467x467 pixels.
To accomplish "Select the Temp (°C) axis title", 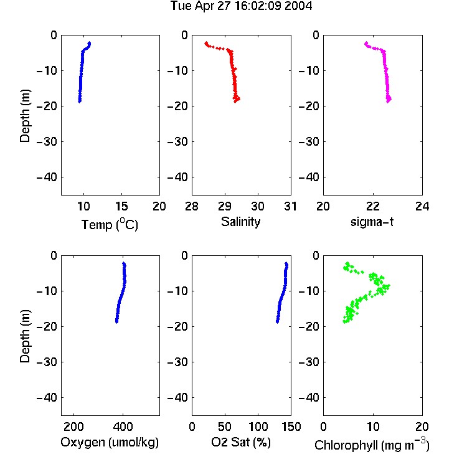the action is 110,224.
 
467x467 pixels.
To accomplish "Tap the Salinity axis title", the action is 240,222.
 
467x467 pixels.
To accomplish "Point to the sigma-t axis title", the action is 372,222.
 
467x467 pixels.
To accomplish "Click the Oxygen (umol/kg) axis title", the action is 110,443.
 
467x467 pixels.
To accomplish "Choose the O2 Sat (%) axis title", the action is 241,442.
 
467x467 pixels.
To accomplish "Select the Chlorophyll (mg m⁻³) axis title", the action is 372,445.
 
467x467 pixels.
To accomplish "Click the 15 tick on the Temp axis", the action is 121,206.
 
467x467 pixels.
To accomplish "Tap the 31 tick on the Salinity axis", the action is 290,206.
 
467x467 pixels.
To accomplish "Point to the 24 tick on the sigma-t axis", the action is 422,206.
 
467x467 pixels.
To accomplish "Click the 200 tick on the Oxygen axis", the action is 73,427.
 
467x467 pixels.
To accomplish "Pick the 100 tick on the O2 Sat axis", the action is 258,427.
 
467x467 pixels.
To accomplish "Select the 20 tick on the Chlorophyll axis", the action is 422,427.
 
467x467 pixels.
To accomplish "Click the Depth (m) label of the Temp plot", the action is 26,116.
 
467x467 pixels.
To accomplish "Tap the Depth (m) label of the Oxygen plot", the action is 26,336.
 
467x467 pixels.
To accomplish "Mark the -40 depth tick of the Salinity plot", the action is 178,177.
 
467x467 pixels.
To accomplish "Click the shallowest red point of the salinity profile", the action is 206,43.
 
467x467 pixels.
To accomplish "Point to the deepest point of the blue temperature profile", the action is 80,101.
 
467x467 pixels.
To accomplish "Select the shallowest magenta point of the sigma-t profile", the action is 366,43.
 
